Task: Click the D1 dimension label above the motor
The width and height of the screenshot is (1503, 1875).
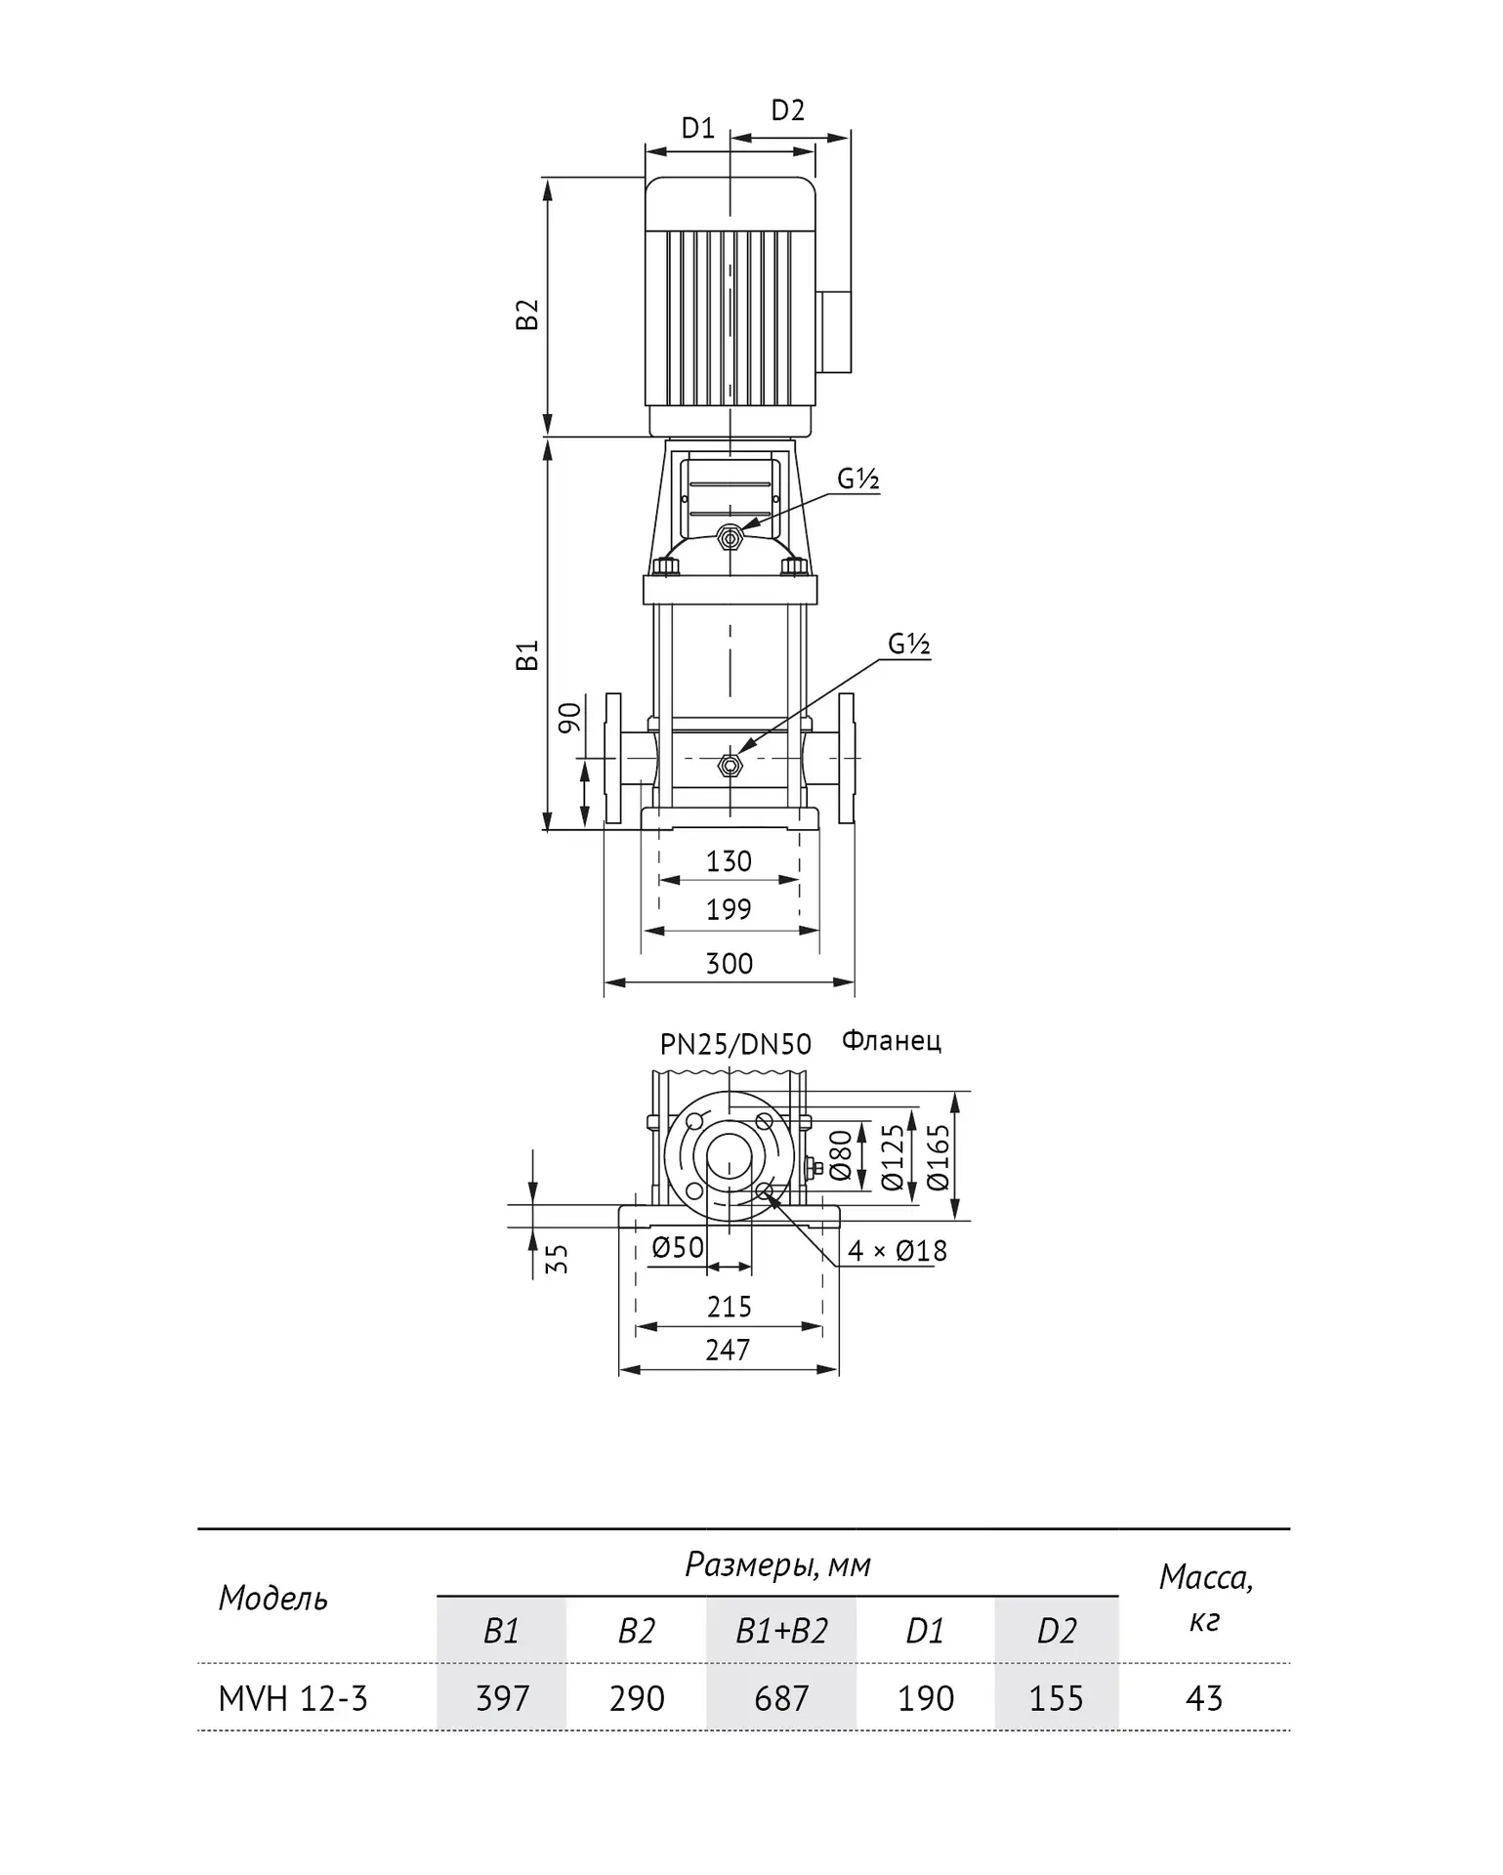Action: point(697,128)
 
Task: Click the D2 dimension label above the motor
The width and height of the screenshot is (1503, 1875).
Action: point(788,110)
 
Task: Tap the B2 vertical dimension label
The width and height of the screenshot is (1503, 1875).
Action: point(527,314)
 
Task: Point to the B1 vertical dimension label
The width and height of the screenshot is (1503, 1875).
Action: point(527,655)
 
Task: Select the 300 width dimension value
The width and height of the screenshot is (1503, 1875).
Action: point(729,964)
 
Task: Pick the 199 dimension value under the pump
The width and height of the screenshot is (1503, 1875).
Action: point(729,909)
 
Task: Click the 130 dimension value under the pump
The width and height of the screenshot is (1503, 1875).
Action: point(729,861)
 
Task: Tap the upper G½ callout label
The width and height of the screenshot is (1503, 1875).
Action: point(858,479)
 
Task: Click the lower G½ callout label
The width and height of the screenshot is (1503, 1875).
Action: point(909,645)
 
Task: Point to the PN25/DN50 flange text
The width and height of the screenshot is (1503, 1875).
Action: point(735,1045)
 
